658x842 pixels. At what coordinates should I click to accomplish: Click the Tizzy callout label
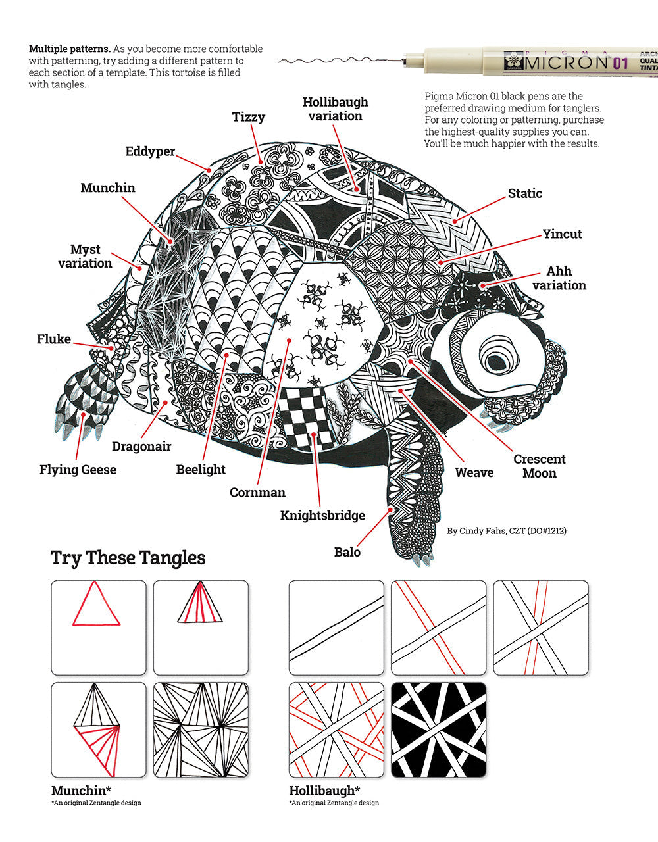tap(249, 118)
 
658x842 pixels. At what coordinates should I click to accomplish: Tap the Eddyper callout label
tap(150, 152)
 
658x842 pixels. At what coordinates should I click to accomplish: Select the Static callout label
tap(525, 193)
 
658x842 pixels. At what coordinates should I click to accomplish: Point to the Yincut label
tap(562, 234)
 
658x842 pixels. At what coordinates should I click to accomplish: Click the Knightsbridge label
tap(322, 516)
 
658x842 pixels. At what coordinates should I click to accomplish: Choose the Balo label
tap(347, 552)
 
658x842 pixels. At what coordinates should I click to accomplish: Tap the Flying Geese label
tap(78, 470)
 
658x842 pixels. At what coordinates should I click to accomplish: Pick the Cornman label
tap(257, 493)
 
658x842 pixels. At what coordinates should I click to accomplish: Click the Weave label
tap(474, 472)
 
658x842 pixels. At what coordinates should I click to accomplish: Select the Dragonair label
tap(141, 447)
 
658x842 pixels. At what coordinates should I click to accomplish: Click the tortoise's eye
tap(498, 359)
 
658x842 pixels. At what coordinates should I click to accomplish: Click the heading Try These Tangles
tap(128, 558)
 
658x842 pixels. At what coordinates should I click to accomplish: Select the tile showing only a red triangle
tap(98, 627)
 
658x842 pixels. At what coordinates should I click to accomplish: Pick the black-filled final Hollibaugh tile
tap(438, 730)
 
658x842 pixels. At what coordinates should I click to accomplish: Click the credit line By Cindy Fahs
tap(506, 530)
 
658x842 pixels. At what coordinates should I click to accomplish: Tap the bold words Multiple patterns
tap(69, 49)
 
